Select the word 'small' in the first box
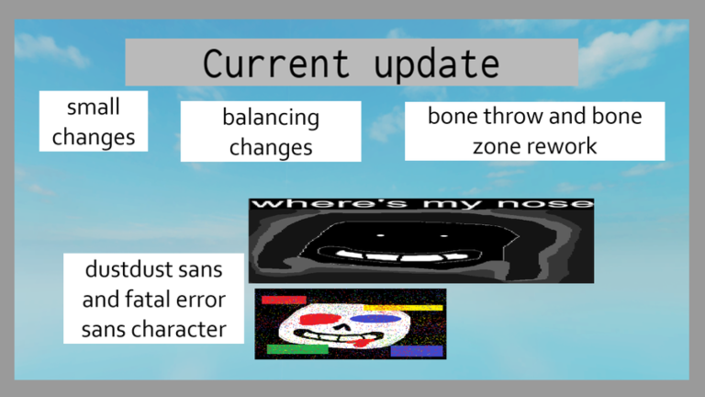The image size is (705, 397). [94, 107]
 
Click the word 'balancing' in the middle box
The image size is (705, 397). [271, 118]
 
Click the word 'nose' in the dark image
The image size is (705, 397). [554, 203]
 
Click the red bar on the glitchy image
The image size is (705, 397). [283, 300]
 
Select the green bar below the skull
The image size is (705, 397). [297, 349]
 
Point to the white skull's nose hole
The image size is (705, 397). [344, 327]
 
